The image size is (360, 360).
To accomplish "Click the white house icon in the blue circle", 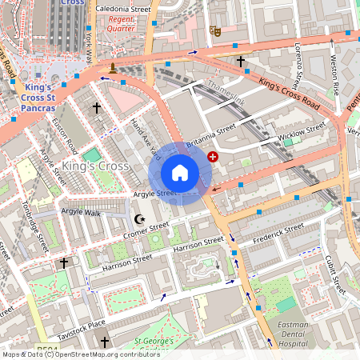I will [180, 173].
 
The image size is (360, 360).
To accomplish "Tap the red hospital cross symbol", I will [213, 157].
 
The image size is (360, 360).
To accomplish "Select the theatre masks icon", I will [214, 30].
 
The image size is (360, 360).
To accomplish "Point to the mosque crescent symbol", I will [142, 218].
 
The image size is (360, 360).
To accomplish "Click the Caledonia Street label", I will [122, 9].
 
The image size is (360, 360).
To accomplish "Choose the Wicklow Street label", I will [302, 131].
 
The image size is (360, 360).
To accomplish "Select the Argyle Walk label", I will [81, 212].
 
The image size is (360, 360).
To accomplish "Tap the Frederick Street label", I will [278, 233].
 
